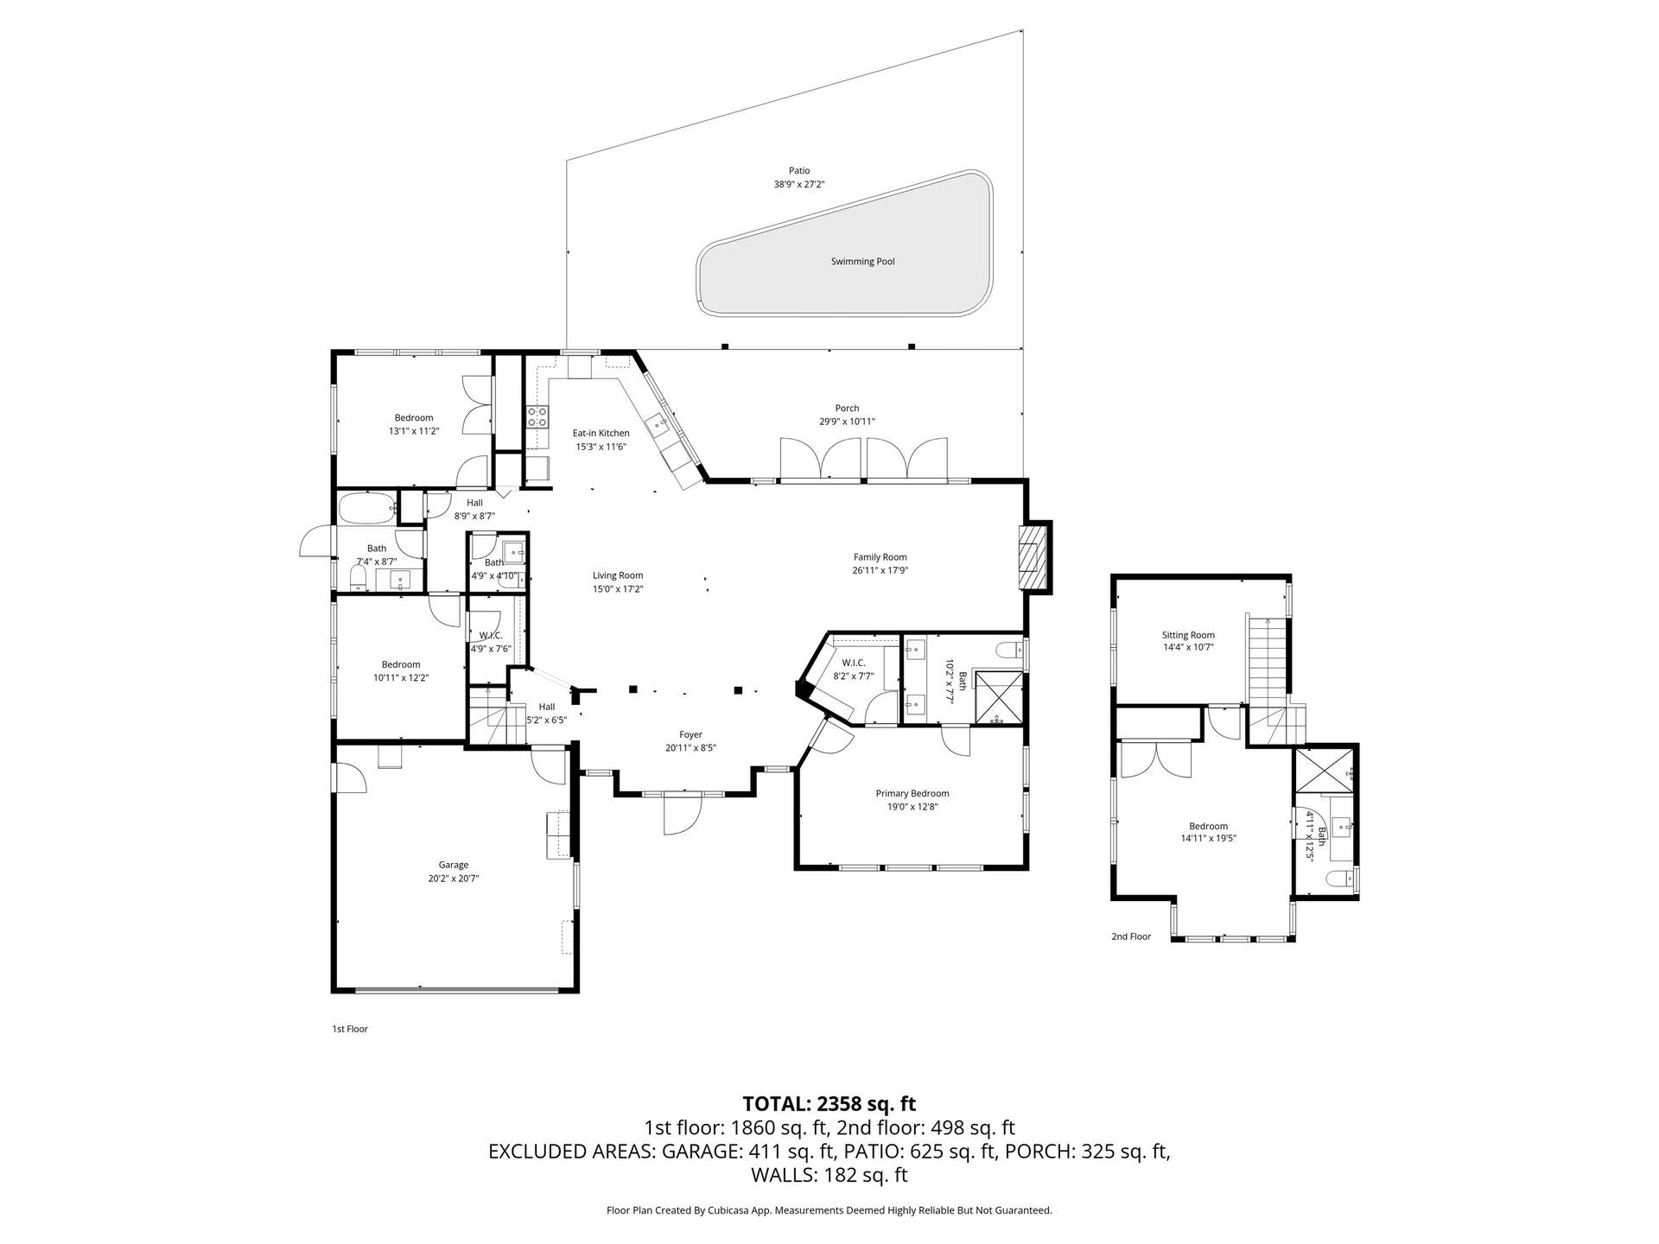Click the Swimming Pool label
click(862, 262)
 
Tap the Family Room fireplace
click(1030, 557)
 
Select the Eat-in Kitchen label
click(601, 434)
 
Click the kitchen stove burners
click(537, 417)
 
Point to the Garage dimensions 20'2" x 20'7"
click(454, 879)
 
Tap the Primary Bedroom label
click(912, 794)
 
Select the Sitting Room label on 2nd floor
click(1188, 635)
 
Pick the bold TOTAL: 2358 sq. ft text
click(829, 1104)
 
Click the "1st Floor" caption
click(350, 1029)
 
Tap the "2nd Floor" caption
click(1131, 936)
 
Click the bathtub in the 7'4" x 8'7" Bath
click(367, 508)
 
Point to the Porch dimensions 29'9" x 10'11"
click(847, 422)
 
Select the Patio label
click(799, 171)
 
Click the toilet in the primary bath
click(1008, 649)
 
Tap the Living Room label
click(618, 575)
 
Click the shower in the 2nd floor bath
click(1325, 770)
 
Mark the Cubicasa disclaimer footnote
click(829, 1210)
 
